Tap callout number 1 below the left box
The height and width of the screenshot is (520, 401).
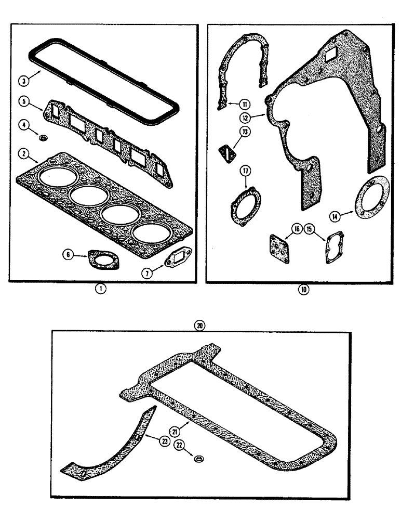102,290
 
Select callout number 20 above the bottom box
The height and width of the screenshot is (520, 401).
199,326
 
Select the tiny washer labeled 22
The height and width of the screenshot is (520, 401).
199,459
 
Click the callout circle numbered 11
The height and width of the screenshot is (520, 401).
245,102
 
